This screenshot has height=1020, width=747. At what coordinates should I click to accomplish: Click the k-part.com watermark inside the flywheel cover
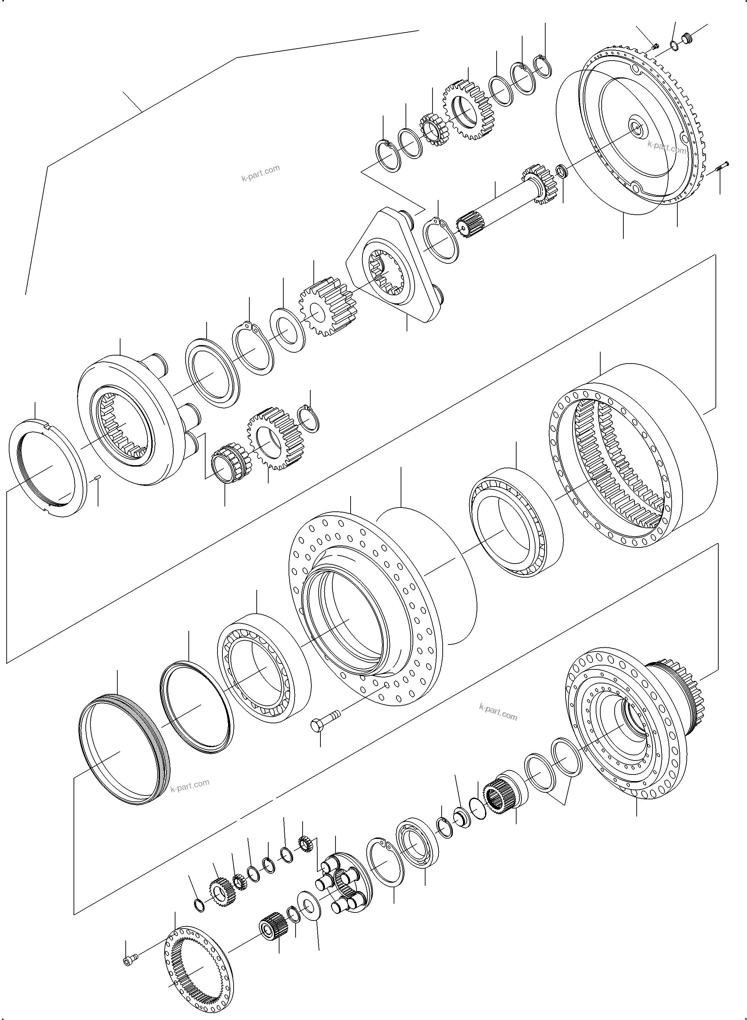point(666,147)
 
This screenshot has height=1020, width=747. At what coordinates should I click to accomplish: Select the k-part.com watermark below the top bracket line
point(261,173)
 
